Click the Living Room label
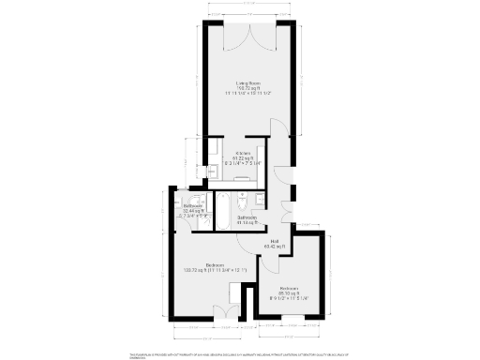(x=247, y=82)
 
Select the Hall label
(x=275, y=242)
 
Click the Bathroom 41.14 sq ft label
(x=248, y=217)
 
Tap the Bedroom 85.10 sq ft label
(x=289, y=288)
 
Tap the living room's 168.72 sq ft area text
(x=247, y=88)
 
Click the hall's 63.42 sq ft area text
(x=275, y=247)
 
